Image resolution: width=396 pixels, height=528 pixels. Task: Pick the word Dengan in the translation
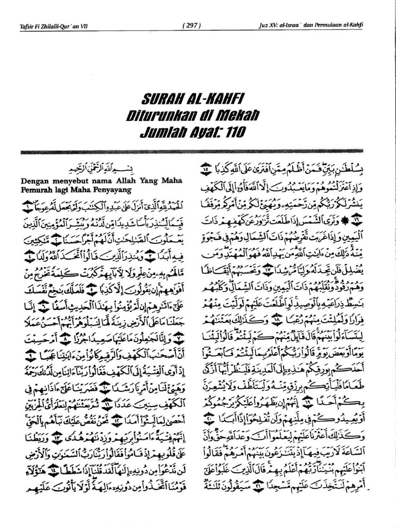tap(33, 181)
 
